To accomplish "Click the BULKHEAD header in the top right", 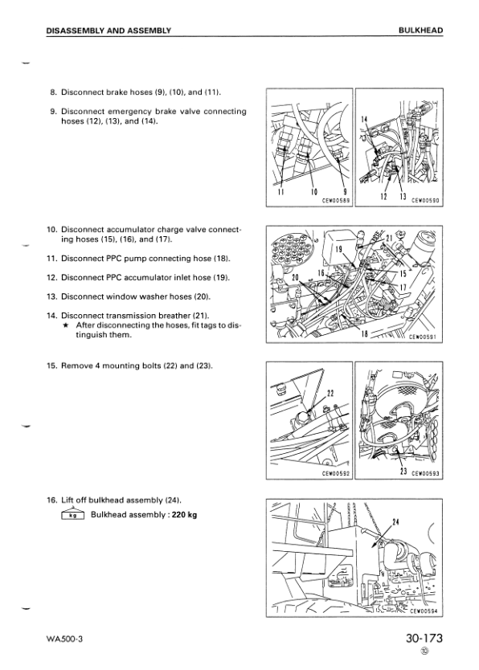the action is point(420,31).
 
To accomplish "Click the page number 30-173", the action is point(424,639).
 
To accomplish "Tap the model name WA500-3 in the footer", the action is point(64,639).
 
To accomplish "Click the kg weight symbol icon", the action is point(73,514).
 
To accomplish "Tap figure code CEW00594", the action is point(424,611).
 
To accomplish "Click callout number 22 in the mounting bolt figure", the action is point(330,394).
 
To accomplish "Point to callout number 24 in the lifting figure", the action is point(395,521).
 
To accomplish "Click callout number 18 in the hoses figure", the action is point(365,333).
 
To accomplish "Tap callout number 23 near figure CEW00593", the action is point(403,472).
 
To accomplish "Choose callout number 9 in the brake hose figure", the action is point(345,192).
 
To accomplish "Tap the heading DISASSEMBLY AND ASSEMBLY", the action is point(108,31).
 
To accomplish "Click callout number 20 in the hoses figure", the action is point(295,277).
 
